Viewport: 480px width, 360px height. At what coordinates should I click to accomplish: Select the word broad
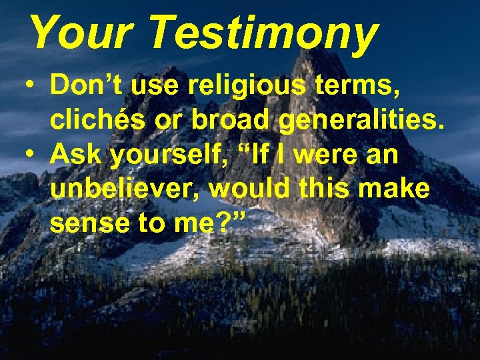(225, 121)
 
